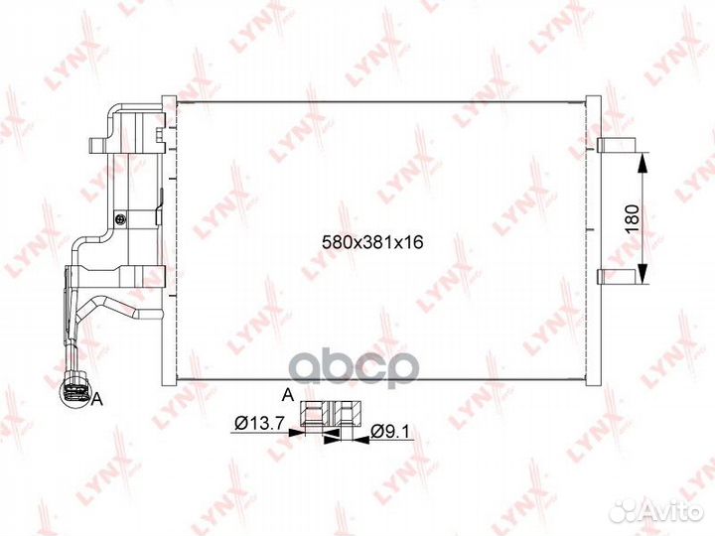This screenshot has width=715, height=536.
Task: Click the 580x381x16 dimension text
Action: pos(372,242)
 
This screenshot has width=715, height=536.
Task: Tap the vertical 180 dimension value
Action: pos(633,218)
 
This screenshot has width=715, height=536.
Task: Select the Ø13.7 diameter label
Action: pos(259,424)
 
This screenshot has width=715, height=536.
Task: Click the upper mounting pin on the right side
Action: pos(616,145)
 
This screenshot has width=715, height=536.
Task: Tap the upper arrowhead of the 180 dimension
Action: pos(642,162)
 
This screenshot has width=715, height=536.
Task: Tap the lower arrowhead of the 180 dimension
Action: pos(642,273)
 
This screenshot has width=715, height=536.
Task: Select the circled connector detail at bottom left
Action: pos(74,392)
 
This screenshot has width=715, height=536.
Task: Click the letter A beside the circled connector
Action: pos(97,399)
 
